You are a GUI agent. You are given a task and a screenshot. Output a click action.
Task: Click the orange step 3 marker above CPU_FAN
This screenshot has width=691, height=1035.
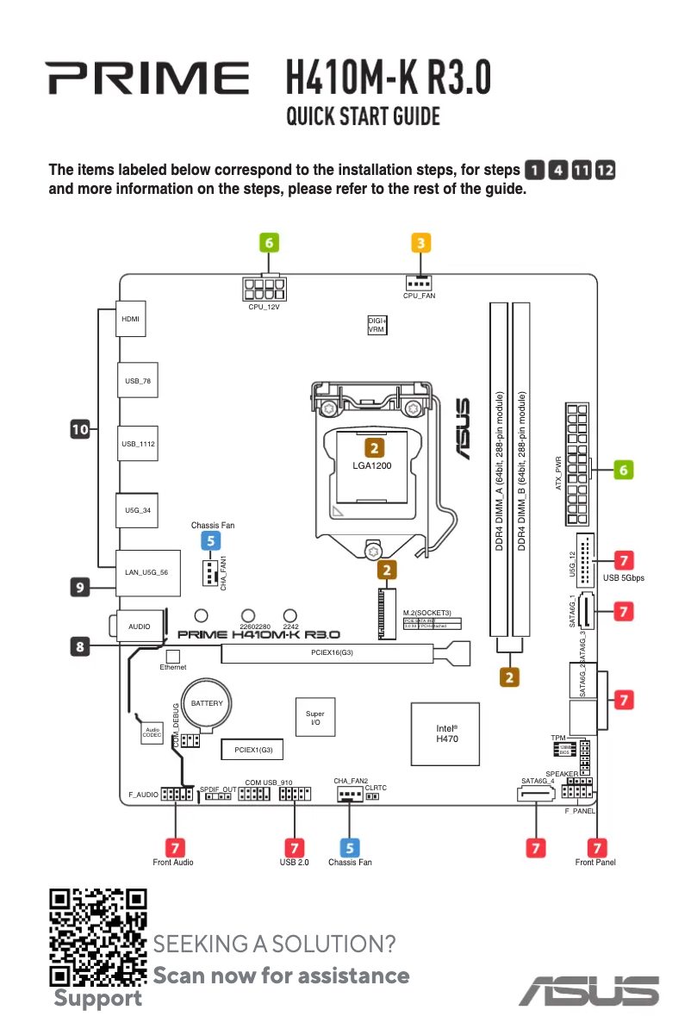pos(420,243)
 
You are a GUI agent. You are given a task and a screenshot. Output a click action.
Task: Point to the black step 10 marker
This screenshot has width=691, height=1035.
pos(80,427)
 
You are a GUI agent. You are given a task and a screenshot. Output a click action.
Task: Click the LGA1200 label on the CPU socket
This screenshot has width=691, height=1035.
pos(372,466)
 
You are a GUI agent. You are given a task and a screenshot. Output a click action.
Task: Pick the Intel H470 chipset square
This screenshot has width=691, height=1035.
pos(446,733)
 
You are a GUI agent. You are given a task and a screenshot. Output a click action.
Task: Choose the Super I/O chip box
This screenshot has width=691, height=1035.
pos(315,718)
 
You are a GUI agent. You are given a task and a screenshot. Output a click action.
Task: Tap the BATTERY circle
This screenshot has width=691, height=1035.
pos(207,703)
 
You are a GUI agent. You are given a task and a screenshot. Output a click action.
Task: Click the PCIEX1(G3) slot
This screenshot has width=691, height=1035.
pos(253,750)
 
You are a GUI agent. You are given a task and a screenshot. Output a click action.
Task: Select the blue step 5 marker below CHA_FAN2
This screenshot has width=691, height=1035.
pos(350,848)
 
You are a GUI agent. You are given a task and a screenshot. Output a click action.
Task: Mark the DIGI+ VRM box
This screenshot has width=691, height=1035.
pos(377,325)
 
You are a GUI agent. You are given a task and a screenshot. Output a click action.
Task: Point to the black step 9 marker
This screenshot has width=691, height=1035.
pos(80,588)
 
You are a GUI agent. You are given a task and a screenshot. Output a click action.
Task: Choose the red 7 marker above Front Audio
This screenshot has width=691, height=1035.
pos(174,848)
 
